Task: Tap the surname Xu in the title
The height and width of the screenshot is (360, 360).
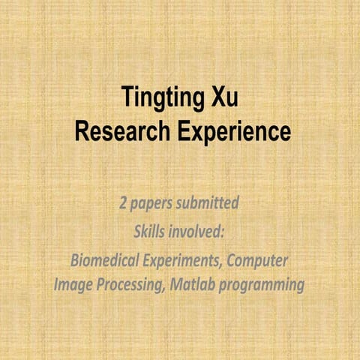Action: point(230,99)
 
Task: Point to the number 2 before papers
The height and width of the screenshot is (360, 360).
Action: point(123,203)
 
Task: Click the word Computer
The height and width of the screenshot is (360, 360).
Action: point(258,260)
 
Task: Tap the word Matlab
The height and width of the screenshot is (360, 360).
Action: point(194,285)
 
